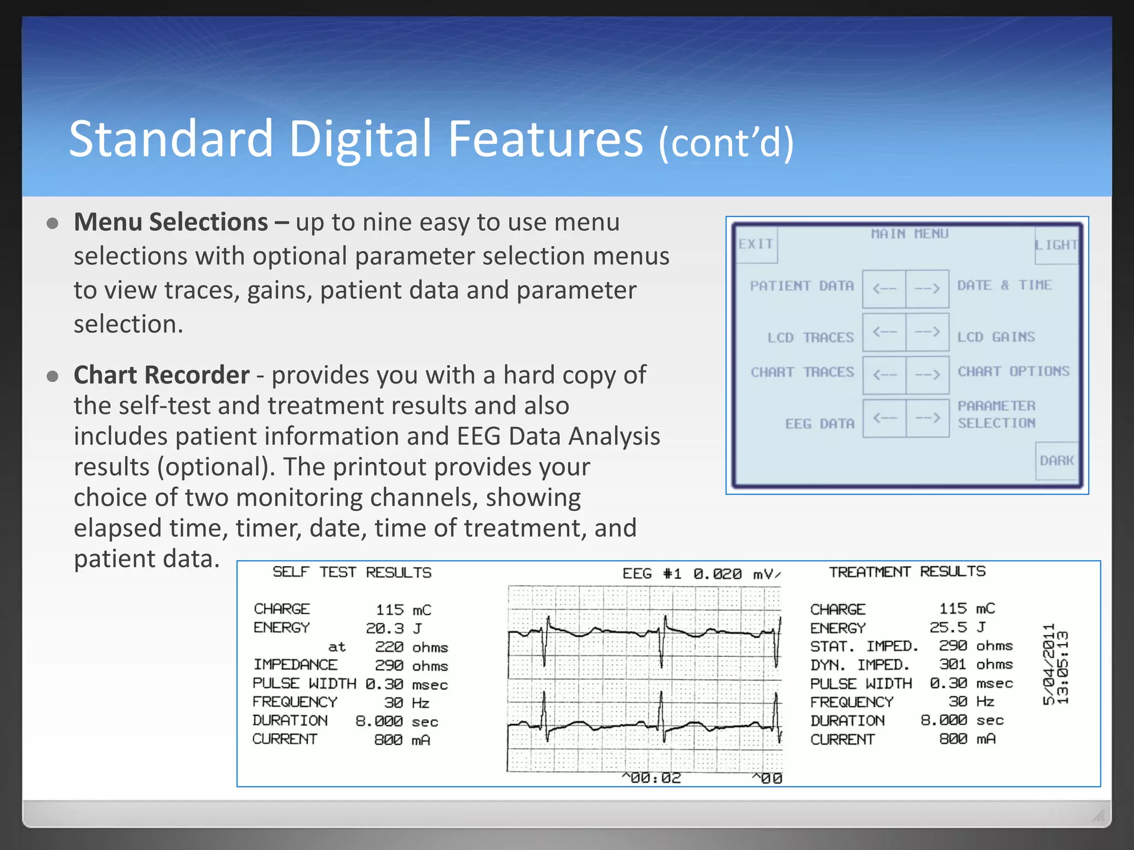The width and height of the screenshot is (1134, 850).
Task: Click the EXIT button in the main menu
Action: pos(756,244)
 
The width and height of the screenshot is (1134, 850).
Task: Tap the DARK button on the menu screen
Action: pos(1056,460)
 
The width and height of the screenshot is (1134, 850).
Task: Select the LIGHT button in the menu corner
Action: pos(1056,245)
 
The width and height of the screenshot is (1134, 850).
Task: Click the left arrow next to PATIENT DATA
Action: pos(884,288)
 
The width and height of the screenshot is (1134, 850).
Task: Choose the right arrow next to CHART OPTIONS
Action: pos(927,375)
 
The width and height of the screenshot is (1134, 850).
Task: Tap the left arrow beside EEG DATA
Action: pos(884,418)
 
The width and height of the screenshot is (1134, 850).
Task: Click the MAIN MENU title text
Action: pos(909,234)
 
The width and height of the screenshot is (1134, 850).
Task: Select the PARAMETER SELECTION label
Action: pos(997,414)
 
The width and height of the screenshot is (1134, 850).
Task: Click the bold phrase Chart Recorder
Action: pos(161,375)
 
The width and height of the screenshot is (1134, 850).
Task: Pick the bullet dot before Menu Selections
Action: pos(53,224)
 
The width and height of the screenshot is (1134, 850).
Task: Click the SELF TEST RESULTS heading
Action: pos(352,572)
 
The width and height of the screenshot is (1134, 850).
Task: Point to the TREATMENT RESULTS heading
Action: pos(907,572)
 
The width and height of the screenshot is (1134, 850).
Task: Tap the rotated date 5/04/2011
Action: pos(1048,664)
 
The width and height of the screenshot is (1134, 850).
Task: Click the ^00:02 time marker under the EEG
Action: pos(651,778)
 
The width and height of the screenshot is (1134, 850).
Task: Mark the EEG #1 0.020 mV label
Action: pos(701,574)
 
